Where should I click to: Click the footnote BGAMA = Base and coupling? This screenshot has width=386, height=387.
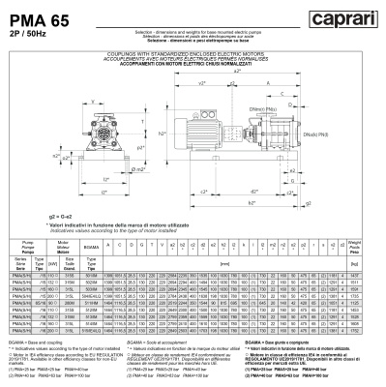(x=39, y=342)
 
